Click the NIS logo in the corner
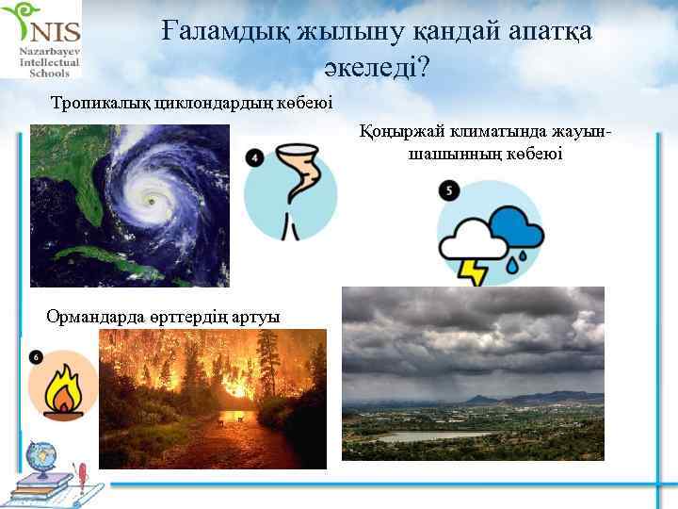[42, 40]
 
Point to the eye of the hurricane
[151, 200]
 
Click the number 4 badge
[254, 157]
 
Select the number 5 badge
[449, 190]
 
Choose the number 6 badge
[36, 356]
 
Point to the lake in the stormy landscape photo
[443, 437]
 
